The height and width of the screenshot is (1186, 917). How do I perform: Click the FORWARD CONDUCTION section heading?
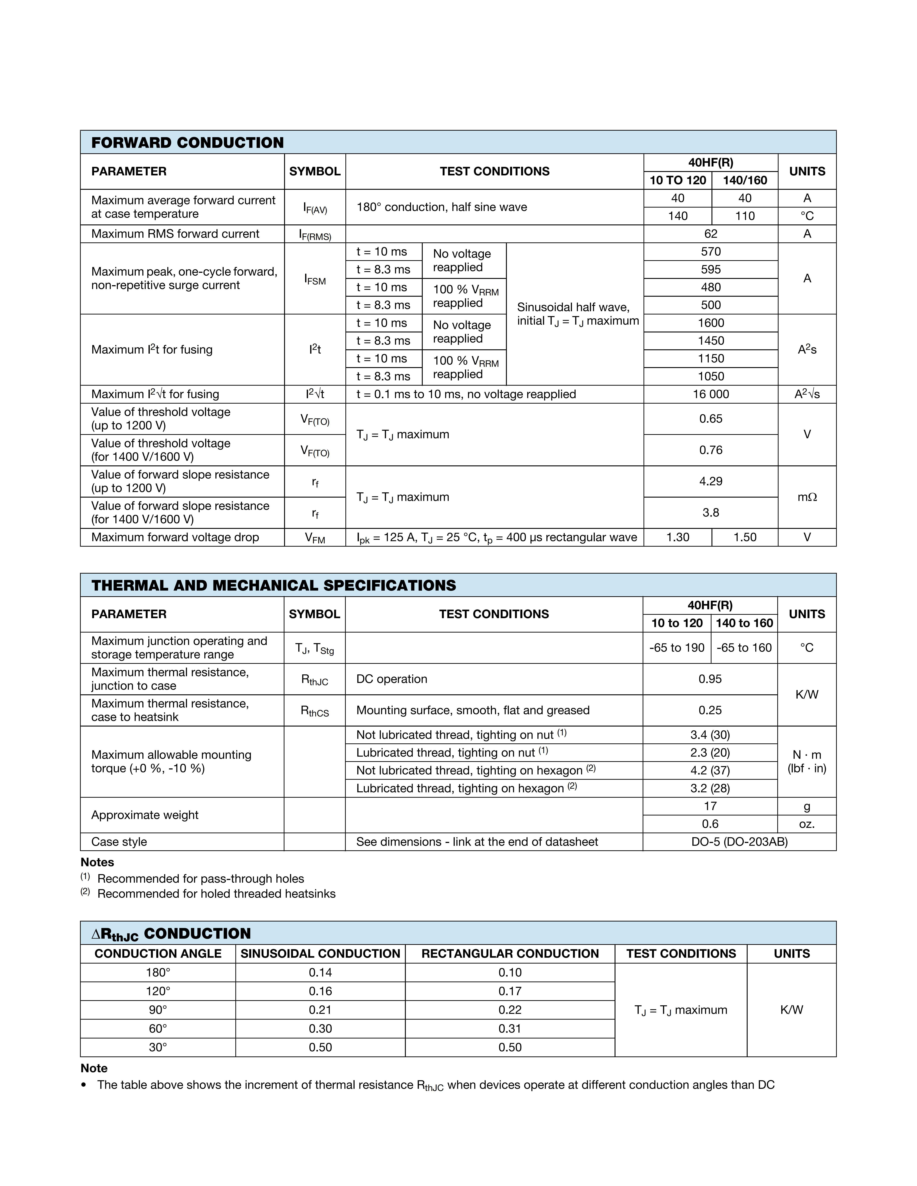[x=187, y=143]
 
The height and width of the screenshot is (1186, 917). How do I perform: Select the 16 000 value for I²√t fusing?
[x=711, y=394]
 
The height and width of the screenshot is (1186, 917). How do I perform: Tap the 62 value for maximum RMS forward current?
[x=711, y=234]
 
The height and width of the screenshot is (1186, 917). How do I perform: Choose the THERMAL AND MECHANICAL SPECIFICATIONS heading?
[x=274, y=585]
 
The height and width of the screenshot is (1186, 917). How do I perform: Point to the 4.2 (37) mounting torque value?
[x=710, y=771]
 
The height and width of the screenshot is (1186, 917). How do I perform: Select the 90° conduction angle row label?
[x=158, y=1010]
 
